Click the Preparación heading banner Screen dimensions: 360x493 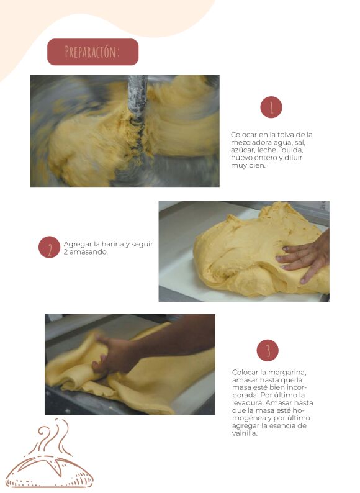pos(92,52)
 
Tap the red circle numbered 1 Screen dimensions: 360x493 pos(271,107)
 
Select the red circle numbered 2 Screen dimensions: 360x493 pos(50,247)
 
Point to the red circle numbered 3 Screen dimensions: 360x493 pos(268,350)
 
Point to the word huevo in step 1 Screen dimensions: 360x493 pos(241,158)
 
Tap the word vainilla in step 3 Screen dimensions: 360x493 pos(245,433)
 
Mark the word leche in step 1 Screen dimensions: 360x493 pos(267,150)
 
